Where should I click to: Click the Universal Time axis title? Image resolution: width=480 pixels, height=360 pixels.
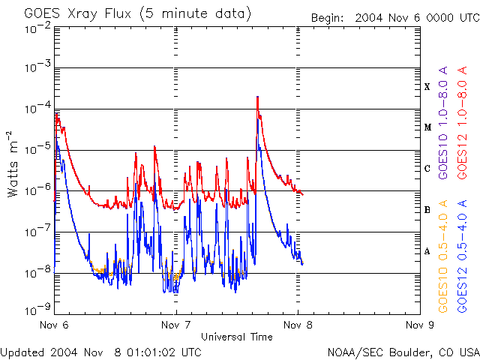(x=236, y=337)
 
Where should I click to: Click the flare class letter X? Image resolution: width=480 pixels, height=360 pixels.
(x=427, y=86)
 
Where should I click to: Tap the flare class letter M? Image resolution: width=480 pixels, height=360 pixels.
(x=427, y=127)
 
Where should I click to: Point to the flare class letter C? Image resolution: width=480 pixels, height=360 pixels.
(x=427, y=169)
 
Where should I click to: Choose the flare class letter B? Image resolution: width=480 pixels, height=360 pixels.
(x=427, y=210)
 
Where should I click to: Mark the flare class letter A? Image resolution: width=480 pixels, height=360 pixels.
(x=427, y=251)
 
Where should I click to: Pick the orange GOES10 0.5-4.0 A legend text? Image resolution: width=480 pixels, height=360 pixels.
(x=444, y=255)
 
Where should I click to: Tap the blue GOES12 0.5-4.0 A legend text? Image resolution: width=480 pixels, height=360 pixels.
(x=463, y=255)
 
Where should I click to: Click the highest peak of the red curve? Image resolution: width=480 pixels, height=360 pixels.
(x=257, y=97)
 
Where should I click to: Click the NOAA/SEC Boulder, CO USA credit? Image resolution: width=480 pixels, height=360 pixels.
(x=403, y=351)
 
